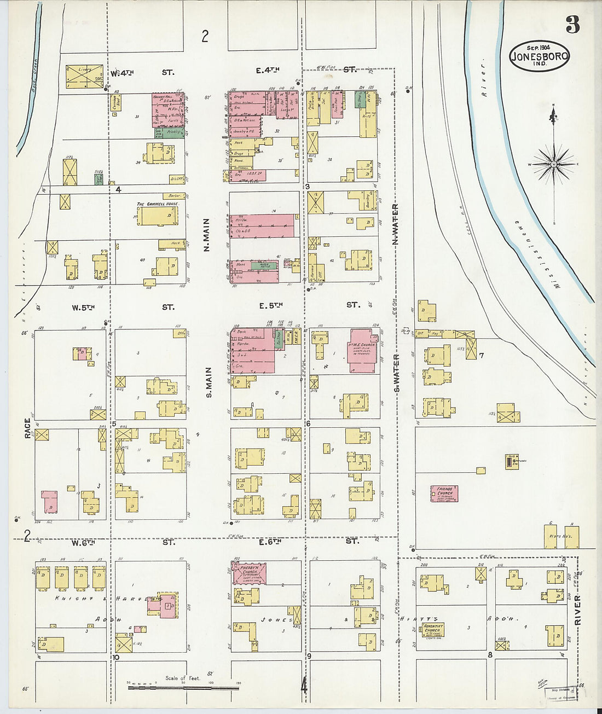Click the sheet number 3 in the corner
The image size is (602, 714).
pos(572,25)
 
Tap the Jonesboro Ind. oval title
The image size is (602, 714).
pos(539,56)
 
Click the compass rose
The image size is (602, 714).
pos(553,164)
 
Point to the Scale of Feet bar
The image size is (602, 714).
pos(183,686)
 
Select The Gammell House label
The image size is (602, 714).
pos(158,204)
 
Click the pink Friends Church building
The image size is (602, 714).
pos(444,494)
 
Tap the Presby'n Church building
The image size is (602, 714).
pos(249,573)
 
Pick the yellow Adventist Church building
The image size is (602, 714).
pos(432,630)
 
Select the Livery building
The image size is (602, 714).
pos(84,77)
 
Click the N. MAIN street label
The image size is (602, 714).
pos(207,235)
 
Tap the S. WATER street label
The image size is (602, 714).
pos(397,373)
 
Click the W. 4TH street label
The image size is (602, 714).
pos(122,73)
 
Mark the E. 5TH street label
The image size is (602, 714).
pos(270,305)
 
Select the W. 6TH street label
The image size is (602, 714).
pos(83,542)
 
